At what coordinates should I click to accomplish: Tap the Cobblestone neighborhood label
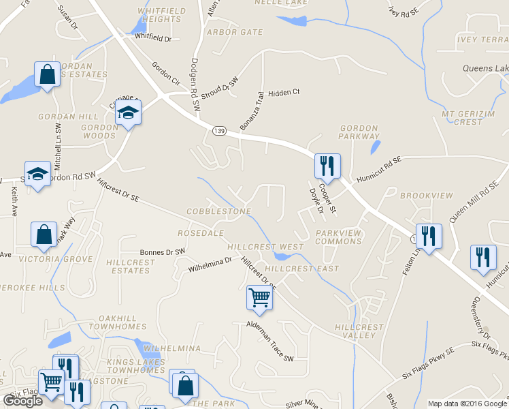pos(219,212)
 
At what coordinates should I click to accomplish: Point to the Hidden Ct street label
pos(284,92)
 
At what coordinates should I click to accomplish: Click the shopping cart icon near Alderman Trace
pos(259,297)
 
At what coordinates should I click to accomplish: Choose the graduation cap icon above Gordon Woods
pos(127,112)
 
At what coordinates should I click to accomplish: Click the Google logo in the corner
pos(22,401)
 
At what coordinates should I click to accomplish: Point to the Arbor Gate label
pos(235,32)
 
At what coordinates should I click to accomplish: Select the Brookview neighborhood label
pos(426,196)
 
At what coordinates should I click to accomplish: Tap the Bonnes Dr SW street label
pos(162,252)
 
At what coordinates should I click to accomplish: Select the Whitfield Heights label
pos(159,15)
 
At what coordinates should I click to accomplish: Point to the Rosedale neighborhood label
pos(201,233)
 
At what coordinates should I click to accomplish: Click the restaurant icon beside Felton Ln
pos(429,237)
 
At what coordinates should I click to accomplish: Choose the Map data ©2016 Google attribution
pos(467,404)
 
